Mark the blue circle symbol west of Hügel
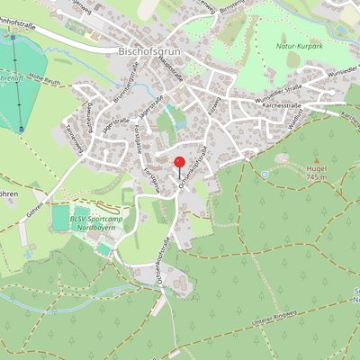click(x=265, y=175)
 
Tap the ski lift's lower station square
click(x=21, y=130)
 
